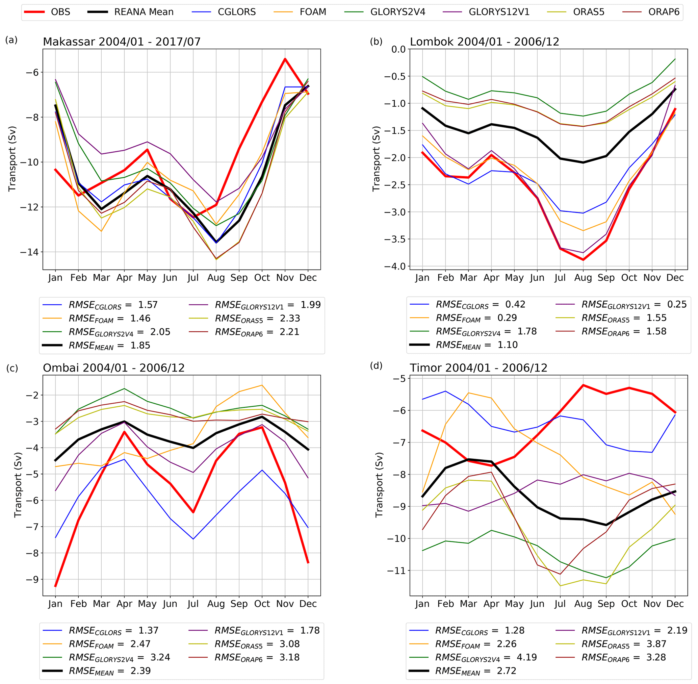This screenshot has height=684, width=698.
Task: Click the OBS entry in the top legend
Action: coord(60,12)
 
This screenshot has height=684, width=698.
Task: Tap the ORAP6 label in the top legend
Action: coord(664,12)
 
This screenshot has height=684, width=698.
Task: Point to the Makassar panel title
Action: coord(121,42)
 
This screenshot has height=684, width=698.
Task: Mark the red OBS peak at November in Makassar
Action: coord(285,58)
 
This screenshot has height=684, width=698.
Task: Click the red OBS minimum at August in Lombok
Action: coord(583,259)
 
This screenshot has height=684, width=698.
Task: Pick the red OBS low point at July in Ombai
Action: coord(193,512)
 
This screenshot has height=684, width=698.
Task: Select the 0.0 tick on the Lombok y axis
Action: coord(398,49)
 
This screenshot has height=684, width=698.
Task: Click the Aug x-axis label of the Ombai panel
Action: coord(216,604)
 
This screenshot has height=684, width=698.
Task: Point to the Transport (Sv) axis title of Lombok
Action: coord(376,158)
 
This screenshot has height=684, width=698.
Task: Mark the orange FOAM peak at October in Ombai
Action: coord(262,385)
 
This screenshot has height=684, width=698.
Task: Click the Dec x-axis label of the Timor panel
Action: coord(675,604)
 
